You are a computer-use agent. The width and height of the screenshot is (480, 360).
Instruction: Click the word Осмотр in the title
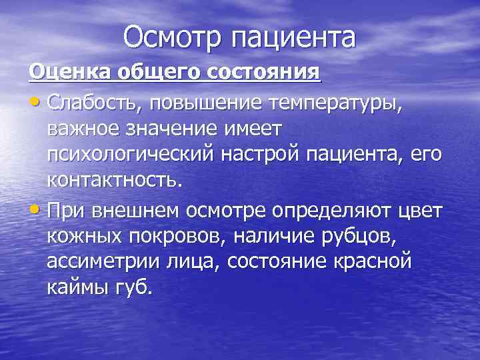pos(173,37)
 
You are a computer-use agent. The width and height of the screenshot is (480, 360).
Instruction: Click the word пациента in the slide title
pos(293,39)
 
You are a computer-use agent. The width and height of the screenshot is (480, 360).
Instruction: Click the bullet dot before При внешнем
pos(35,210)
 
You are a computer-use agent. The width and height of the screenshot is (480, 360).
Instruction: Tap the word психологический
pos(131,155)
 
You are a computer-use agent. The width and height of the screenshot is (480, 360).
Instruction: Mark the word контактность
pos(114,180)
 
